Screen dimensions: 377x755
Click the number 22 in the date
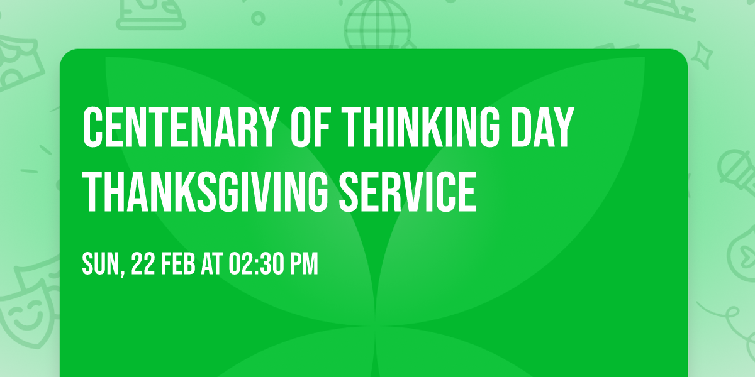(143, 265)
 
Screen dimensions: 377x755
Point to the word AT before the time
(213, 265)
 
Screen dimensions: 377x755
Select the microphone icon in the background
(733, 168)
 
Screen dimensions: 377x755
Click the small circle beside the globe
(257, 17)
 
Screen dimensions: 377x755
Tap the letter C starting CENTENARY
(92, 128)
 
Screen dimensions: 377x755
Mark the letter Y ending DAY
(564, 128)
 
